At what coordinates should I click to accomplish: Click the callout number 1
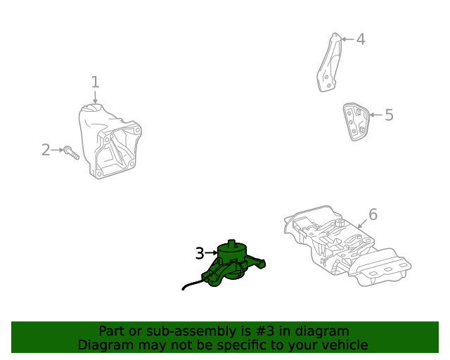(x=96, y=82)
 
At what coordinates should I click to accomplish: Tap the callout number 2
(x=46, y=150)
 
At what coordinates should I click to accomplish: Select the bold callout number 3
(x=200, y=253)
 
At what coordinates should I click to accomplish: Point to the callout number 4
(x=361, y=39)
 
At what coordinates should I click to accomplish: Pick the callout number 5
(x=389, y=115)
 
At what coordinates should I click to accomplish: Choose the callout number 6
(x=373, y=214)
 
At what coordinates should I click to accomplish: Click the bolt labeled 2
(x=72, y=153)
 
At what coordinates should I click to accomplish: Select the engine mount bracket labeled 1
(x=110, y=141)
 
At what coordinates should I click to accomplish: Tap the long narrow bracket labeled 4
(x=330, y=63)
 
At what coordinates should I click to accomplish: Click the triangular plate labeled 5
(x=356, y=122)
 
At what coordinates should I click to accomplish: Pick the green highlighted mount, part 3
(x=233, y=264)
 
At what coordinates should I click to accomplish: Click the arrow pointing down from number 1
(x=96, y=97)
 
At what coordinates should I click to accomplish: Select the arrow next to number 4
(x=348, y=39)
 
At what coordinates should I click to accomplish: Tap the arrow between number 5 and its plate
(x=375, y=115)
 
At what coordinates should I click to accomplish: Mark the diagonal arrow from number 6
(x=363, y=224)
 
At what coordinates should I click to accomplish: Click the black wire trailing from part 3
(x=193, y=285)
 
